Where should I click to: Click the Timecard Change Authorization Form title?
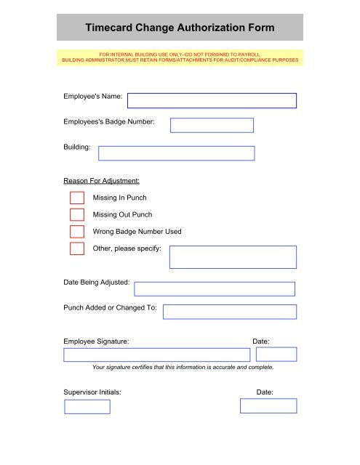[x=180, y=28]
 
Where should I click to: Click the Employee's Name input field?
[x=212, y=101]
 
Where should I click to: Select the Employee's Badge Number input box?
[x=212, y=125]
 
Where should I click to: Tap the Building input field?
[x=177, y=153]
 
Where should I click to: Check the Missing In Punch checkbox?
[x=77, y=198]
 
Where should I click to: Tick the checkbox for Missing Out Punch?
[x=77, y=214]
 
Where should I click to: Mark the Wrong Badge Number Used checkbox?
[x=77, y=232]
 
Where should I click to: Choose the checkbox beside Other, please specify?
[x=77, y=248]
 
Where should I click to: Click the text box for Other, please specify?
[x=233, y=257]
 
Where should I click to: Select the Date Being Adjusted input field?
[x=215, y=289]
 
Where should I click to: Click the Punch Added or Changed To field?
[x=230, y=312]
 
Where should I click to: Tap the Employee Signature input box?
[x=157, y=355]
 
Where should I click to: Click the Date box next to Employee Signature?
[x=276, y=355]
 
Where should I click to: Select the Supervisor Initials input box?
[x=87, y=406]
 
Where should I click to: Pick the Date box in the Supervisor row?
[x=268, y=406]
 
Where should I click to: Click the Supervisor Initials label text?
[x=92, y=392]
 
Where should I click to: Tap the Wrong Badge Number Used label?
[x=137, y=232]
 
